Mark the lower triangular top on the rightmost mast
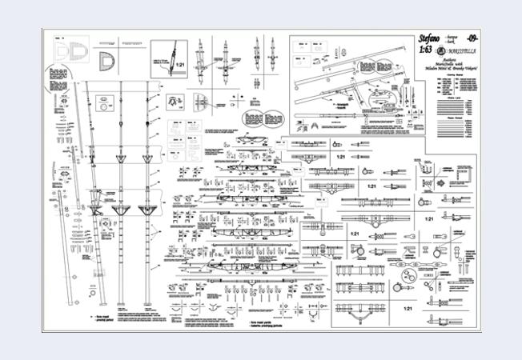pos(147,209)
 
